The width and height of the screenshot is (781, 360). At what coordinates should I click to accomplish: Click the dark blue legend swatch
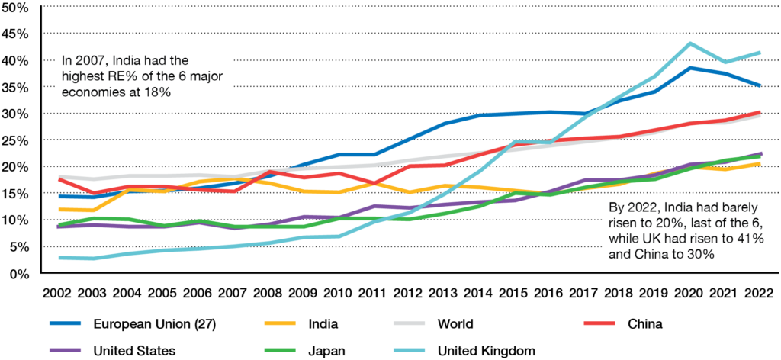coord(65,323)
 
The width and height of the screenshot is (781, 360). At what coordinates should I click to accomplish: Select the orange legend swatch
coord(279,323)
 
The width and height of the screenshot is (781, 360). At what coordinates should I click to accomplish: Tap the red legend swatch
coord(599,323)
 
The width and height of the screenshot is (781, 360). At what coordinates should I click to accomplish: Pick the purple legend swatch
coord(65,351)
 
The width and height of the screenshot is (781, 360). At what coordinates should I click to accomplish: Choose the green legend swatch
coord(279,351)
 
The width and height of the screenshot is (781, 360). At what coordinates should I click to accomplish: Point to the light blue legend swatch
coord(409,351)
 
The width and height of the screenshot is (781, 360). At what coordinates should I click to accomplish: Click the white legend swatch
coord(409,323)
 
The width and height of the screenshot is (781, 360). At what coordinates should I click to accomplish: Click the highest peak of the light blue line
coord(690,43)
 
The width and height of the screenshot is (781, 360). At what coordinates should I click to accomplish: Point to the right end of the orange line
coord(761,162)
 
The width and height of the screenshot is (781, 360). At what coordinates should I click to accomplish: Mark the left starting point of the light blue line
coord(58,258)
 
